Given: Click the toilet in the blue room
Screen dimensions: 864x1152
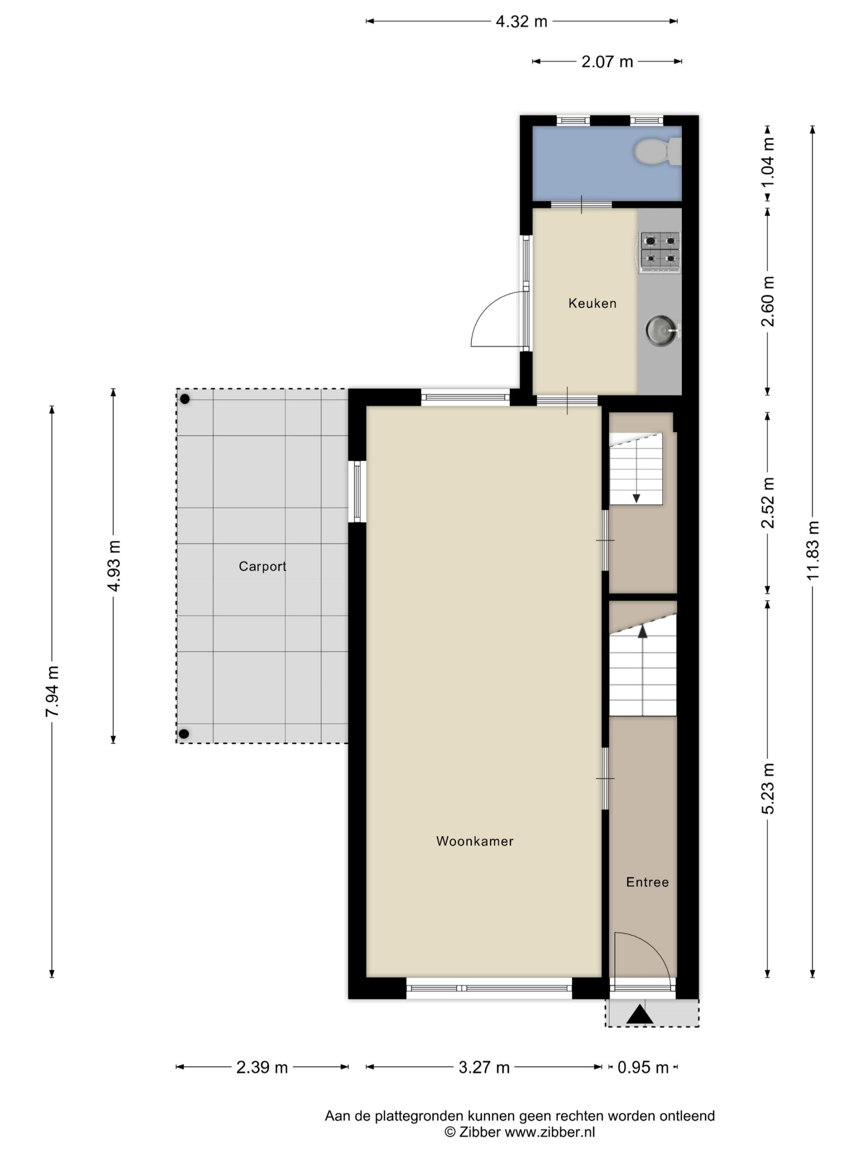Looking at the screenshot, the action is tap(657, 152).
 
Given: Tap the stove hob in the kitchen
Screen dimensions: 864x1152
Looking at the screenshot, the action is tap(660, 252).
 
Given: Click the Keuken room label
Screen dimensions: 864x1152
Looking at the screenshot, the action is tap(592, 303).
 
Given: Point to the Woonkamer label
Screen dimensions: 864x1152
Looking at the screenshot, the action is tap(474, 841).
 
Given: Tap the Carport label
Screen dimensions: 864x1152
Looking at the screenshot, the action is tap(262, 566).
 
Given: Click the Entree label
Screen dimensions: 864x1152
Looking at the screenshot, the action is tap(648, 882).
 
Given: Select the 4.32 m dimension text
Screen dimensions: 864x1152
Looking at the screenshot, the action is tap(521, 21).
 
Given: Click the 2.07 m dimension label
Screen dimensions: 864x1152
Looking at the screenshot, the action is tap(607, 62).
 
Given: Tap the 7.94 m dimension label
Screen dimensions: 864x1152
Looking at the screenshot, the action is tap(52, 691).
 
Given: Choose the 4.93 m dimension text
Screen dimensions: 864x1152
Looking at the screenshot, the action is tap(113, 566).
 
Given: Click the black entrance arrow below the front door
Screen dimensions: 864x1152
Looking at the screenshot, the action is tap(640, 1014).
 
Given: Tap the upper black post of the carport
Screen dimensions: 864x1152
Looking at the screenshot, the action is tap(185, 400).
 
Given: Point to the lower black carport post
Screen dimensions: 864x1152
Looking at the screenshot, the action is tap(184, 734).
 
